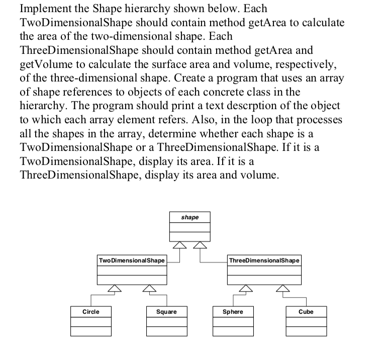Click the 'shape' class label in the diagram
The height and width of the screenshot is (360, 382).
click(189, 218)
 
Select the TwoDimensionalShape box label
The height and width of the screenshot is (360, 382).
click(132, 260)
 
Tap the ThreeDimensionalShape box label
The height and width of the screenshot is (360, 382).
click(264, 260)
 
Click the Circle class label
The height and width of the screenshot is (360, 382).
click(90, 312)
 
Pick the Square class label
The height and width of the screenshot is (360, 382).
click(166, 312)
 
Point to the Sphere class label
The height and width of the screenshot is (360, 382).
click(233, 312)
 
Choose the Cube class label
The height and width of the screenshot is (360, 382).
click(306, 312)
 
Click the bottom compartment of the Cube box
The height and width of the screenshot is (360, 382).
click(306, 331)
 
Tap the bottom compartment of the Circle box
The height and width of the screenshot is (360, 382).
click(90, 331)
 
